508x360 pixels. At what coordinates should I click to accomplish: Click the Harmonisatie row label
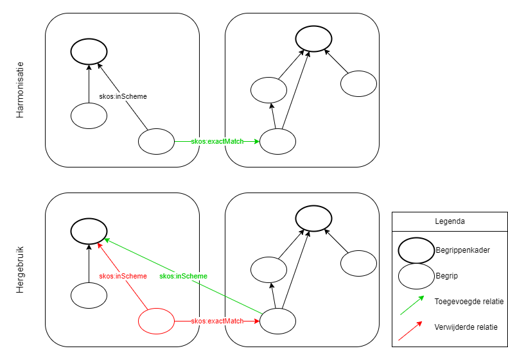point(20,90)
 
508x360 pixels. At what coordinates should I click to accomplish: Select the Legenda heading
point(450,221)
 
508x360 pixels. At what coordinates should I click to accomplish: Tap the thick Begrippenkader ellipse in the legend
point(416,250)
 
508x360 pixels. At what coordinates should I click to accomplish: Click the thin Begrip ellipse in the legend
point(416,276)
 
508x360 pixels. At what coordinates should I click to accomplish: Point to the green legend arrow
point(411,305)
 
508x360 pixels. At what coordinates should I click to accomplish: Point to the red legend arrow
point(411,331)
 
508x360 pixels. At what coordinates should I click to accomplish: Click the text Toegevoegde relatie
point(469,301)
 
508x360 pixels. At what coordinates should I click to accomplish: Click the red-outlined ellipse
point(156,321)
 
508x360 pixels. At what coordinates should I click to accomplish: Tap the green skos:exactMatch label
point(217,141)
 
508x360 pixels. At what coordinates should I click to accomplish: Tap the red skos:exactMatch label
point(217,321)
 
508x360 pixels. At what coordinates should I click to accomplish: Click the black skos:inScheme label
point(123,96)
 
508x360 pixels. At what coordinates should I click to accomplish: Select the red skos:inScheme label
point(123,276)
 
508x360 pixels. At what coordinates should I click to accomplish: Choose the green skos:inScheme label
point(183,276)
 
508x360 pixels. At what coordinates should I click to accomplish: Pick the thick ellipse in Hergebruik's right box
point(313,218)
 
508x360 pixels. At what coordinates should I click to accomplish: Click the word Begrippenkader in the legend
point(462,250)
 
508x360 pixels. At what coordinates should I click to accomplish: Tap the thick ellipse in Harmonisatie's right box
point(313,39)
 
